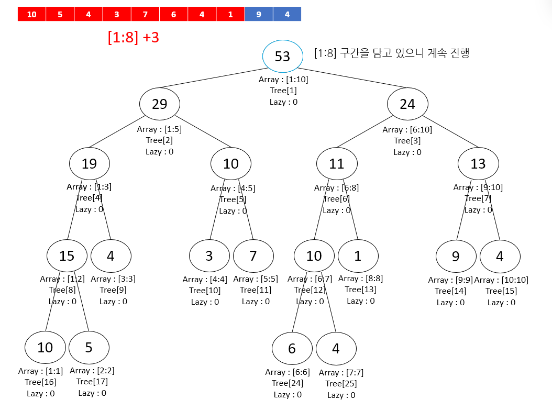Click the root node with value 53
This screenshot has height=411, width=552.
coord(282,55)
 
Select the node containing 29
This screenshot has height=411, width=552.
coord(160,104)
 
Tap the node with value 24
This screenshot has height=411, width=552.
coord(407,104)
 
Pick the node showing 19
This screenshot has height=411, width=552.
coord(90,163)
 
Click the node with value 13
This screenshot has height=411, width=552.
coord(478,163)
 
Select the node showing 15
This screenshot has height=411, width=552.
coord(67,256)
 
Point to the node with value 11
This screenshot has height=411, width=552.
coord(337,163)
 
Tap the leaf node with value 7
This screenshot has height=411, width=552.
coord(253,256)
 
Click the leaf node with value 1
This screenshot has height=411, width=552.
coord(358,256)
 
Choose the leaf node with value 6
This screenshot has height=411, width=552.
coord(292,348)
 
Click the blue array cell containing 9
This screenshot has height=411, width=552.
coord(259,14)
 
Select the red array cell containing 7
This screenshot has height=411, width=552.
coord(145,14)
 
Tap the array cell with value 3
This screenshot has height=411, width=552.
coord(117,14)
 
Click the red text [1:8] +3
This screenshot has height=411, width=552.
coord(134,38)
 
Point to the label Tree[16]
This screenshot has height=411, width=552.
coord(40,382)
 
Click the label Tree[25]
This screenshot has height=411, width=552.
coord(341,384)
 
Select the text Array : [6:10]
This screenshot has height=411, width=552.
coord(407,129)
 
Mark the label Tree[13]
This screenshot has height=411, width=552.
coord(360,290)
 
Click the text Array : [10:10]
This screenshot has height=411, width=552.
coord(501,280)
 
